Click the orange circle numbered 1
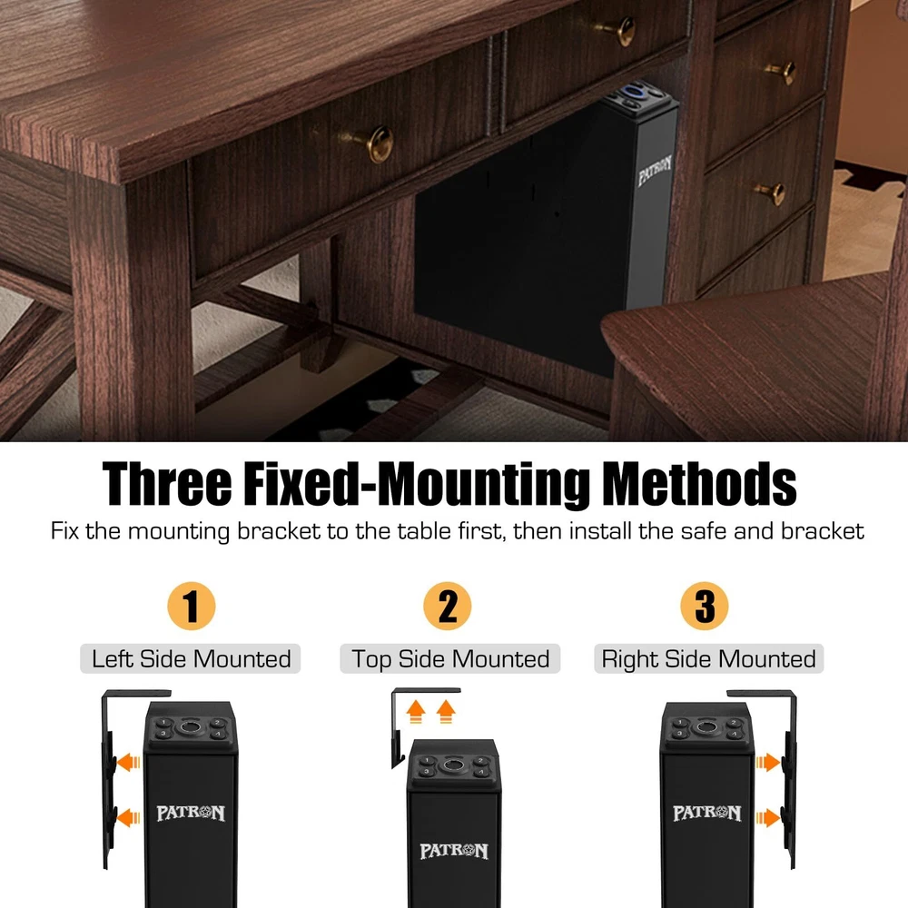point(191,606)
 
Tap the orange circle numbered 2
point(447,606)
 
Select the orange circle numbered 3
point(705,606)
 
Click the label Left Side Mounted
point(191,659)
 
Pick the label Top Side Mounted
point(450,659)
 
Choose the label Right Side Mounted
point(709,659)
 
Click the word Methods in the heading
point(699,484)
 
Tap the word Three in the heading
point(167,484)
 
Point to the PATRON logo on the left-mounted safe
point(191,813)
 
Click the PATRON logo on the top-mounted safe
point(454,851)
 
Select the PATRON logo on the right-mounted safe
point(707,813)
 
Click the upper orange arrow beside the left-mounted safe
point(129,762)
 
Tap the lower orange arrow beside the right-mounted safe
point(768,818)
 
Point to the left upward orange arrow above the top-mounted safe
point(415,711)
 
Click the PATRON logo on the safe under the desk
point(655,171)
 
